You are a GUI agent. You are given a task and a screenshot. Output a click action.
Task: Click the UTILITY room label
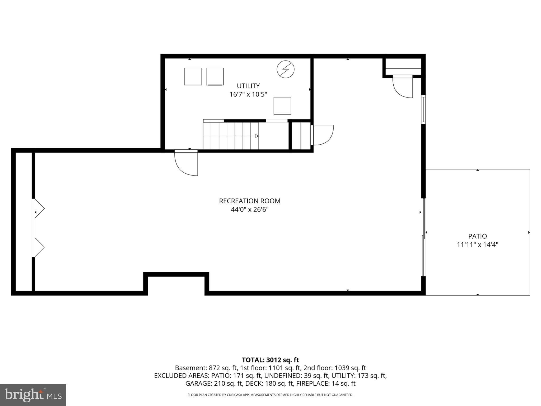248,86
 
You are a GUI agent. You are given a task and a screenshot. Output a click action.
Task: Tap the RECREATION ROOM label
250,201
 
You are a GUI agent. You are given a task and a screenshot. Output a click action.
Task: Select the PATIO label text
478,236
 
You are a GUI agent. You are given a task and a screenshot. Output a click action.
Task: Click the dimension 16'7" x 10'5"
248,94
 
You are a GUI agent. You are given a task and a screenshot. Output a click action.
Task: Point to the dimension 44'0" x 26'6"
250,210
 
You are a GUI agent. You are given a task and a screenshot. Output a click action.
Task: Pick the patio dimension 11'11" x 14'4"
478,244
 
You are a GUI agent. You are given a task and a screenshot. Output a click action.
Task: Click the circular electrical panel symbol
286,70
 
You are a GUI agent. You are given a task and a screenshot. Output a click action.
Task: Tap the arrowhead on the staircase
257,136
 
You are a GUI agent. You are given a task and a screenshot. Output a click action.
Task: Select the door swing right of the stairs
322,135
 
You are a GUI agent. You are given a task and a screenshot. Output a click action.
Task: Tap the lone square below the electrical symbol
282,106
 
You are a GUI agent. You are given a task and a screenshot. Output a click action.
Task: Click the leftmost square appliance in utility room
193,76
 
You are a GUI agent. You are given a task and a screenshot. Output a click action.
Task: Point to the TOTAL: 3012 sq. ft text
270,360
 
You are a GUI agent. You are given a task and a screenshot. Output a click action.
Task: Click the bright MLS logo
33,395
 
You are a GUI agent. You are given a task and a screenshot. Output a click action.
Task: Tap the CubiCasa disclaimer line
270,395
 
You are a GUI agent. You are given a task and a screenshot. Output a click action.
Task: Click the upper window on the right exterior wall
423,109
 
